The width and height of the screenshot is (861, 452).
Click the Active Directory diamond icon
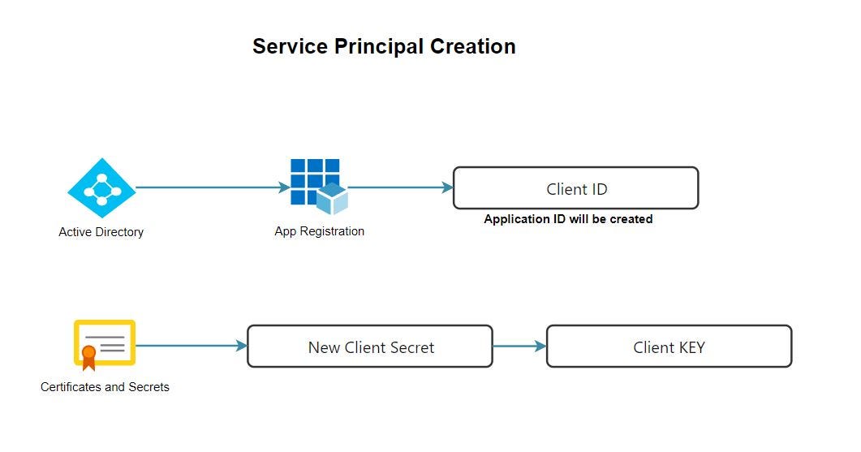coord(101,188)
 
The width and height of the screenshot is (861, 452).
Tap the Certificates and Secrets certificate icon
coord(105,344)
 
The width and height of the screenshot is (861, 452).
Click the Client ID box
coord(575,188)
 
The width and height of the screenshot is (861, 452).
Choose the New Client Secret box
coord(370,347)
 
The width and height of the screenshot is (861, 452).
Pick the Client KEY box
coord(669,347)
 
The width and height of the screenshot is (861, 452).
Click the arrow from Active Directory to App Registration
coord(211,187)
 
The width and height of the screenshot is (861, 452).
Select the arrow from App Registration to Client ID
coord(401,187)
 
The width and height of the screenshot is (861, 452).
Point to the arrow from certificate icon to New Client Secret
coord(191,346)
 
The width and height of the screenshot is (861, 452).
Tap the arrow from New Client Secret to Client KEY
coord(519,347)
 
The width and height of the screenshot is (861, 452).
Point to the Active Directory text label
coord(101,232)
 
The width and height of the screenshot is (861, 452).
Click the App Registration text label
coord(319,231)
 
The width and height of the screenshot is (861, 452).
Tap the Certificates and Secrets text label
coord(105,387)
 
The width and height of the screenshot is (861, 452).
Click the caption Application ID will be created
coord(568,219)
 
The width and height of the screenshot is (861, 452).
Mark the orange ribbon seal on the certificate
coord(88,355)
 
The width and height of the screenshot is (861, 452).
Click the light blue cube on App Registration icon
coord(332,198)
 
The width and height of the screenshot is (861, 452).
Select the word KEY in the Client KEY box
coord(689,347)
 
